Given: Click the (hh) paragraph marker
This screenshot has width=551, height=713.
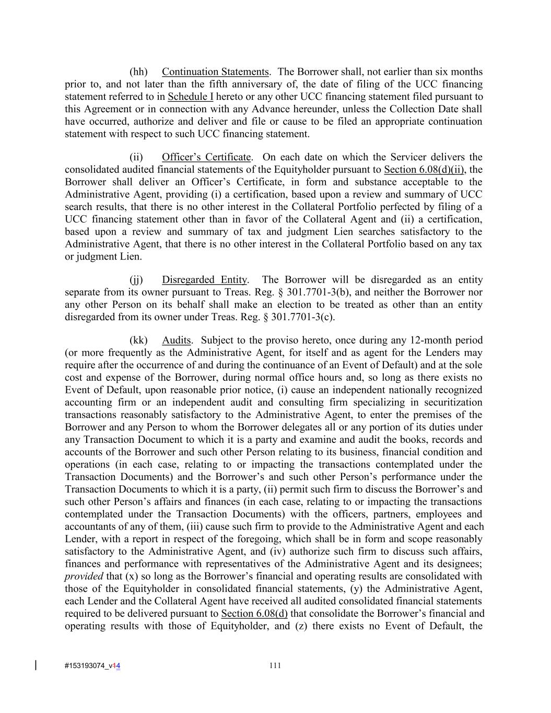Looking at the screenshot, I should [138, 72].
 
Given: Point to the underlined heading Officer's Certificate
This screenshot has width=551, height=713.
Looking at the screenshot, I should [207, 157].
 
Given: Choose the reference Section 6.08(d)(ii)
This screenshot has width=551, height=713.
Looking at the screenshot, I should [423, 169].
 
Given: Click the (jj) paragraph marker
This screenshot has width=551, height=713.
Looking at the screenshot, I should [136, 280].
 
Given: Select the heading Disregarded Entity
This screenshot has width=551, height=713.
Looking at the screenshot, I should [204, 280].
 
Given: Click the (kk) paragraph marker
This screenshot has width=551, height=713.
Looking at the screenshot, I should [138, 340].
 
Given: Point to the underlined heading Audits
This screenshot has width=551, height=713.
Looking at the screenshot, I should [176, 340].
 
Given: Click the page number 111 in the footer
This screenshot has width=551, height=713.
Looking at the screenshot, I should [275, 665].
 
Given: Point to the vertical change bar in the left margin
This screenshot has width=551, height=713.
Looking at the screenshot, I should [36, 665].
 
